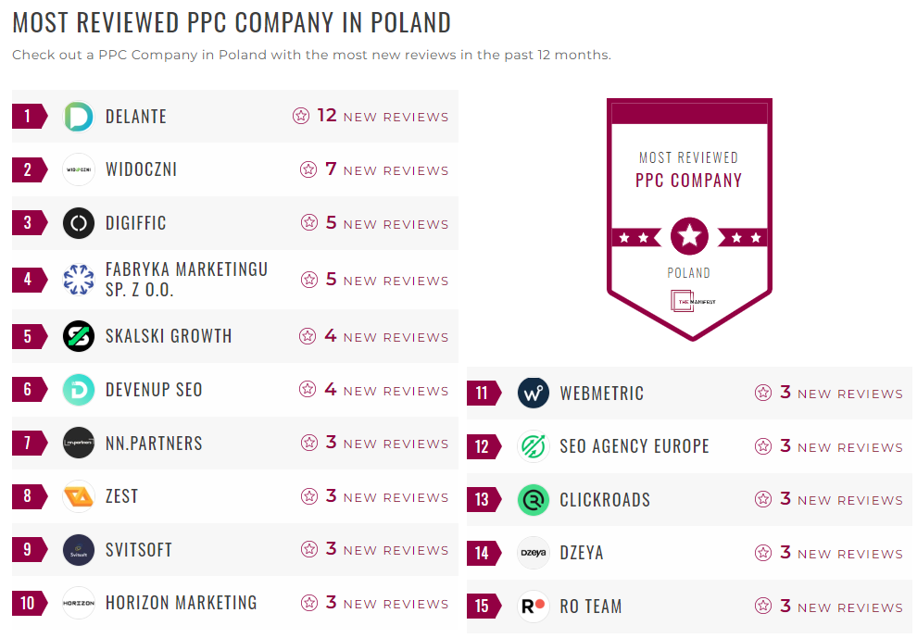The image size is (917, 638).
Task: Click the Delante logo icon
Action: (x=79, y=117)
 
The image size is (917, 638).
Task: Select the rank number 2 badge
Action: (x=28, y=169)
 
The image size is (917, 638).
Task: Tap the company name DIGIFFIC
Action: (x=136, y=223)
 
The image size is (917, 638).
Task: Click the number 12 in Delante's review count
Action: (x=327, y=116)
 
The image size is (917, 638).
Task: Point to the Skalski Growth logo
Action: (x=79, y=336)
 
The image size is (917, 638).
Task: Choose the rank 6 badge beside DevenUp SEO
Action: (x=28, y=390)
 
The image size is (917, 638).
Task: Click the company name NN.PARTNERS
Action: (x=154, y=444)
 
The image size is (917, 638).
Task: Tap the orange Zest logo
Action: (x=79, y=496)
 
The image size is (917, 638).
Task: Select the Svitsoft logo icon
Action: (x=79, y=550)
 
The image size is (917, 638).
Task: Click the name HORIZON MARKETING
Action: (x=181, y=603)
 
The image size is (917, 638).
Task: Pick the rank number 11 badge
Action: (x=482, y=393)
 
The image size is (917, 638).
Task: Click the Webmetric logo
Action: (x=534, y=393)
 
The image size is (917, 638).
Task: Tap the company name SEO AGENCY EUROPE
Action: (x=634, y=446)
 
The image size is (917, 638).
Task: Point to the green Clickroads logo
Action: (x=534, y=500)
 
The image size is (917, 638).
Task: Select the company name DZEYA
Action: (x=581, y=553)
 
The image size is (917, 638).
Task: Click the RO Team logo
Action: (x=534, y=607)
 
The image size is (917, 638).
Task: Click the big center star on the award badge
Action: (x=689, y=236)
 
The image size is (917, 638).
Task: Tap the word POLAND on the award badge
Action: (x=689, y=273)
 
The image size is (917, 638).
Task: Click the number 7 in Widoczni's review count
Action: (x=331, y=169)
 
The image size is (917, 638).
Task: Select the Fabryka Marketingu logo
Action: (x=79, y=279)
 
